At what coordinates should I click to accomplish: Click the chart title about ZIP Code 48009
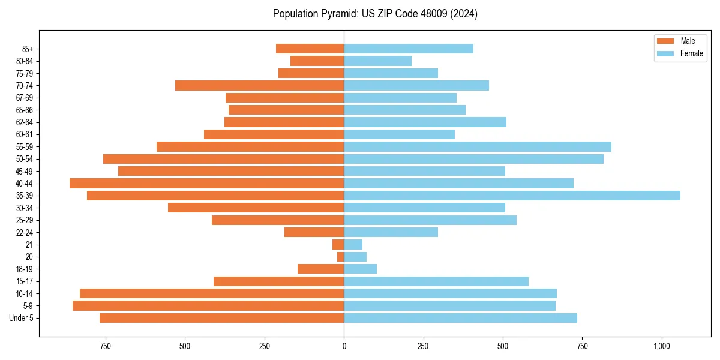tap(375, 14)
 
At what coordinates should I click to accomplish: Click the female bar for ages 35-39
tap(512, 196)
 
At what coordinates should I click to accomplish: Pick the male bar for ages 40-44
tap(207, 183)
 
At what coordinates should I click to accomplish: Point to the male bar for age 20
tap(341, 257)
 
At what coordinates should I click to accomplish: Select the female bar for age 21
tap(353, 244)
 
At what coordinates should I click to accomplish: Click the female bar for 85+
tap(409, 49)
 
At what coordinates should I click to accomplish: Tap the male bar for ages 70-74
tap(260, 85)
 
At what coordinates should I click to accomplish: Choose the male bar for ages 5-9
tap(208, 305)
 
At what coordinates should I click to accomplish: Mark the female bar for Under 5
tap(460, 318)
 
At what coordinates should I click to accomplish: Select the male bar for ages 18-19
tap(321, 269)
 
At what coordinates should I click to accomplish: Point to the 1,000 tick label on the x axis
tap(661, 346)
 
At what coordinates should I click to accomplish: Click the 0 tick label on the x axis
tap(344, 346)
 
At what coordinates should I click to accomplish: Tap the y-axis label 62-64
tap(24, 122)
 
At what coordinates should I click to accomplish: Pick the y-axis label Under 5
tap(22, 318)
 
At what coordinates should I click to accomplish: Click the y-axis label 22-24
tap(24, 232)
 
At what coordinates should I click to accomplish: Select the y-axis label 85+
tap(27, 49)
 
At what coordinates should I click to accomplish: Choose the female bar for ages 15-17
tap(436, 281)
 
